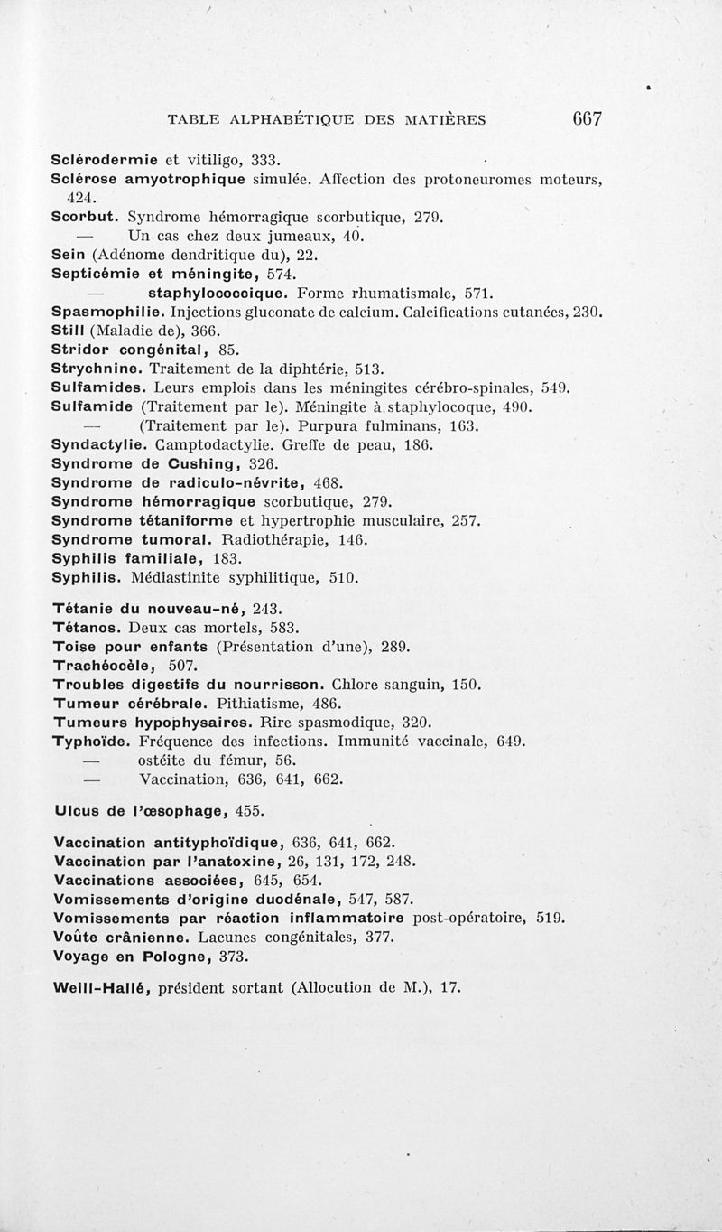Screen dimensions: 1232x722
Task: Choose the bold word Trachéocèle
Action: [x=104, y=665]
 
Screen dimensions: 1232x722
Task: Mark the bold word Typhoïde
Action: [x=93, y=741]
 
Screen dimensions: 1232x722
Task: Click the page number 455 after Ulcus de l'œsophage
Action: [x=251, y=810]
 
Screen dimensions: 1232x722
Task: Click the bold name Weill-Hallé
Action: [x=102, y=987]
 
